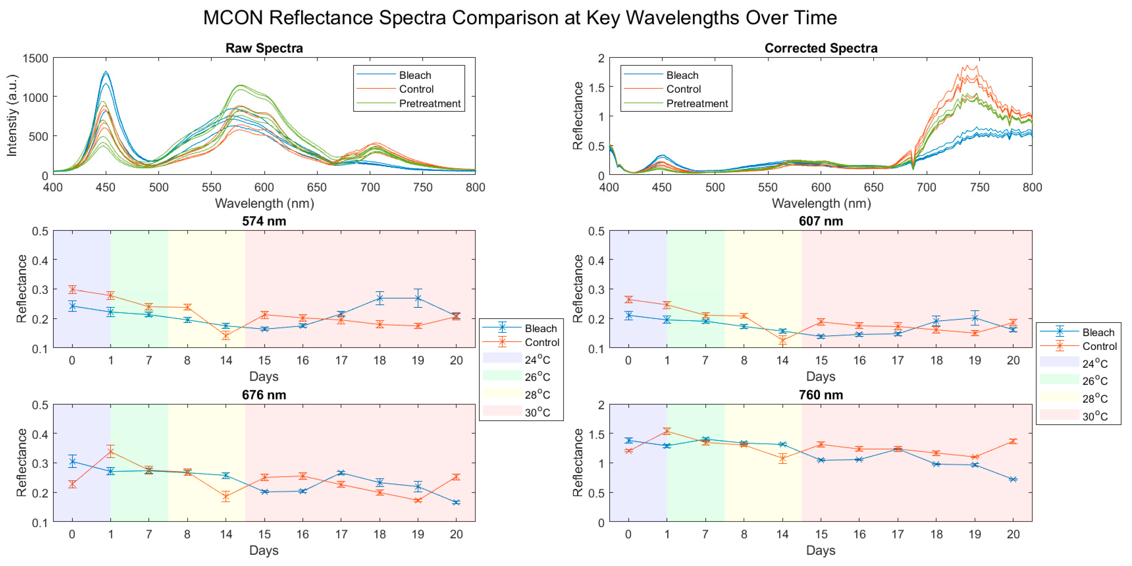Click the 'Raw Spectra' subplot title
click(264, 48)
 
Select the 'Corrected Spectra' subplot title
click(821, 48)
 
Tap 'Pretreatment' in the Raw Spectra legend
click(430, 103)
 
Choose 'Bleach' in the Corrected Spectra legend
click(682, 75)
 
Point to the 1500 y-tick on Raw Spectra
click(36, 58)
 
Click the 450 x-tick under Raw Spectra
click(106, 187)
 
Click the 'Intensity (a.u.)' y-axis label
click(12, 115)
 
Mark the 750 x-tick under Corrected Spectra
click(979, 187)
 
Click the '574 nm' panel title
click(264, 221)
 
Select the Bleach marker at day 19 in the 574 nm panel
click(418, 299)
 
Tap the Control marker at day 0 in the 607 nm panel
click(628, 300)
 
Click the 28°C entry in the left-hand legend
click(537, 394)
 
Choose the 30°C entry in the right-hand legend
click(1095, 416)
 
